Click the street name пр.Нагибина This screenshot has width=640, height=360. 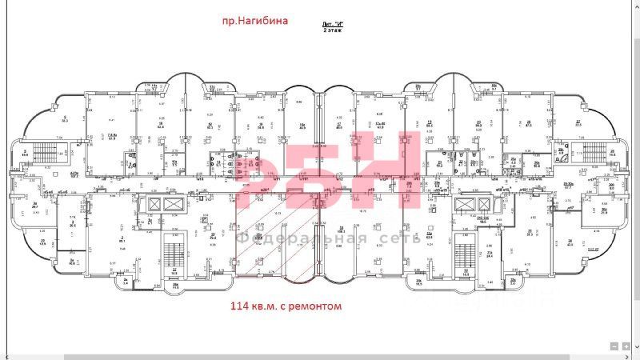pos(254,21)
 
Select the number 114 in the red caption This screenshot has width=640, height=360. pos(242,306)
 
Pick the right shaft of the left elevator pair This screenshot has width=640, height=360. pos(174,203)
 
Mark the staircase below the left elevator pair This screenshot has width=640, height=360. pos(170,254)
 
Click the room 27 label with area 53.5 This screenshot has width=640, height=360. pos(578,122)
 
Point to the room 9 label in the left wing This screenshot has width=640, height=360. pos(63,118)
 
